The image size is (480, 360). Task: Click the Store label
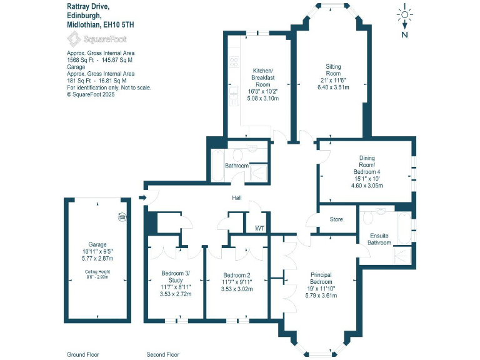point(336,219)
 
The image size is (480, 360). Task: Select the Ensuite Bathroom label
point(379,239)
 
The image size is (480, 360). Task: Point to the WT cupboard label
point(259,229)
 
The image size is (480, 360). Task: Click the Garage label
point(97,244)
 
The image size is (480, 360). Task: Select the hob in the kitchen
point(234,62)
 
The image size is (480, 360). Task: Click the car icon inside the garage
point(122,217)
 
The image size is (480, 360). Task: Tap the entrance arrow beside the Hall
point(143,199)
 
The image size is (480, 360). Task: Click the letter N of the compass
point(405,34)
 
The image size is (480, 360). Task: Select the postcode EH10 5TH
point(117,25)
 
